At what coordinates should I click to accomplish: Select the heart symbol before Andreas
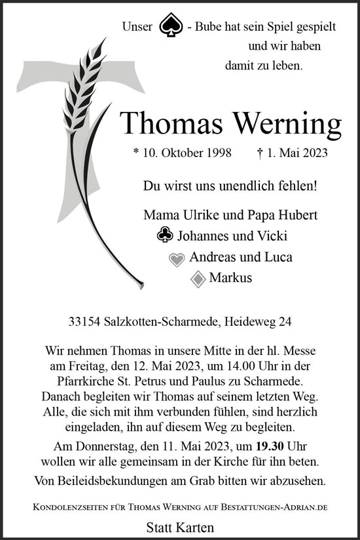point(177,259)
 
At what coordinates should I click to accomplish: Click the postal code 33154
point(84,321)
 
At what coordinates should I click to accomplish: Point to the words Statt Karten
point(180,526)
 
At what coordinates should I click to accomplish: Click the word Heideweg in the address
point(251,321)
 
